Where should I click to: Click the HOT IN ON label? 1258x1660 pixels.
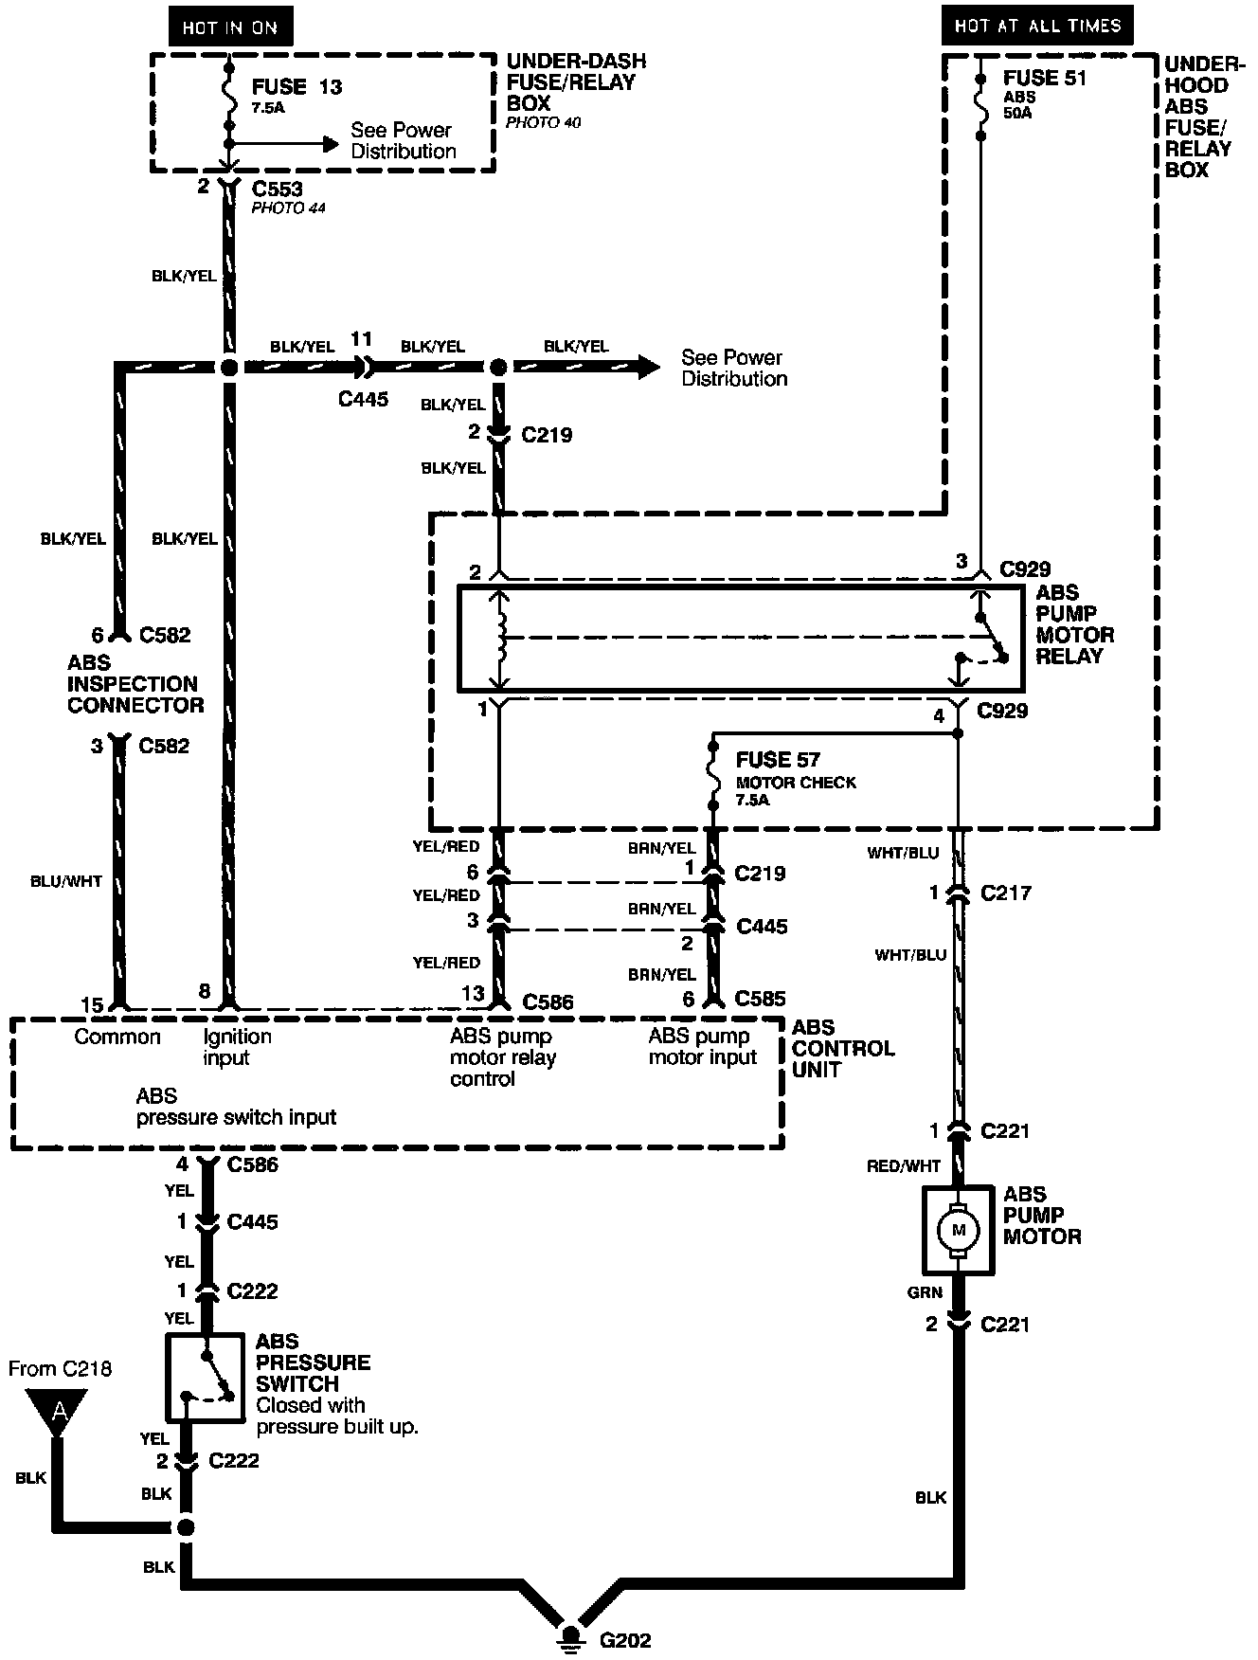coord(229,27)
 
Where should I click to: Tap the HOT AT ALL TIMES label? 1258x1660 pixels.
coord(1036,25)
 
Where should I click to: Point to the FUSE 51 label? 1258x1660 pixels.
coord(1044,79)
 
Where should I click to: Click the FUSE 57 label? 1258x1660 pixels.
coord(777,760)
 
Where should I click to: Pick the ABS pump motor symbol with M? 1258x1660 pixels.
coord(958,1230)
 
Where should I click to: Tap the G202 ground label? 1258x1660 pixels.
coord(624,1640)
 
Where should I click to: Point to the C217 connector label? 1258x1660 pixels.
coord(1006,893)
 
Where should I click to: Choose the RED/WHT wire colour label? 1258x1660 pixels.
coord(903,1166)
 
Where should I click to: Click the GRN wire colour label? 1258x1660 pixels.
coord(925,1292)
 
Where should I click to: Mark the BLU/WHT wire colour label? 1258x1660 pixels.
coord(65,881)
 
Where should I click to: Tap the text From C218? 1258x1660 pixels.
coord(60,1368)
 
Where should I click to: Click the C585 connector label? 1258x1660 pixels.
coord(760,999)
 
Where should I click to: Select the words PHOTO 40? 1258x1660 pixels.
coord(543,122)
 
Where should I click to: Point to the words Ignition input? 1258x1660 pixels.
coord(237,1046)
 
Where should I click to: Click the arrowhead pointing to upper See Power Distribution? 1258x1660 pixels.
coord(329,144)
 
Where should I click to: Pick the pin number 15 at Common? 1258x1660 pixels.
coord(92,1005)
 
